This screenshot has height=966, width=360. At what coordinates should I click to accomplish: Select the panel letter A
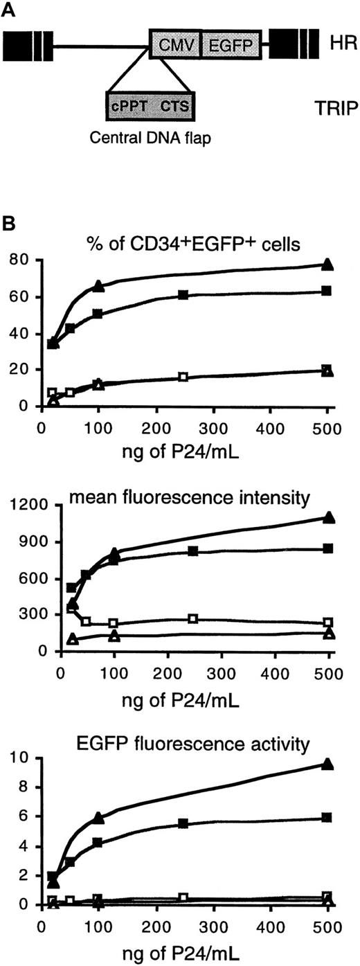tap(10, 10)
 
